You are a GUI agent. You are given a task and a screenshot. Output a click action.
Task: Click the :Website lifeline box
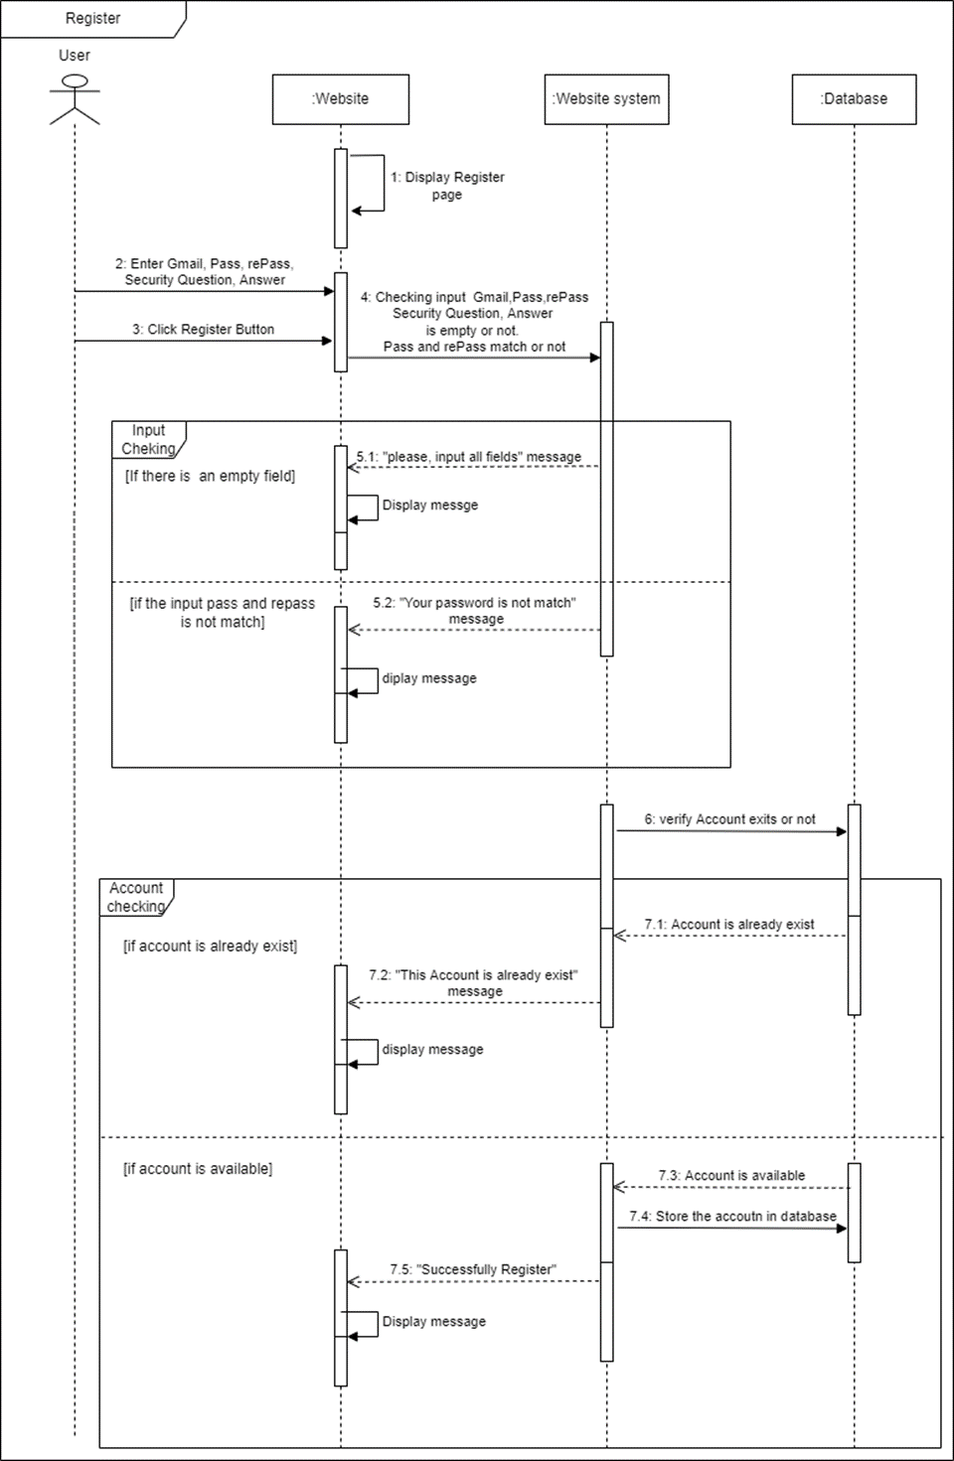340,99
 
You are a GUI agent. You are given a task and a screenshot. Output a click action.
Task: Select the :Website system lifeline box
606,99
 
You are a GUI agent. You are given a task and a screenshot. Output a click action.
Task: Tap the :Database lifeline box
854,99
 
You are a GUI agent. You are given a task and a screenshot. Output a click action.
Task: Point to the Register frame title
92,19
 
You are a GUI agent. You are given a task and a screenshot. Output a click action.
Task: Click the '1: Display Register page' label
447,186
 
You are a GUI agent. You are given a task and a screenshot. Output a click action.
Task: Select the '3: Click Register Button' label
204,330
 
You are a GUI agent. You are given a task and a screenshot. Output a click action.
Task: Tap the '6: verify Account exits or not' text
729,819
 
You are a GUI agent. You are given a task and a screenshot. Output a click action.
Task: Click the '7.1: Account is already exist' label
728,925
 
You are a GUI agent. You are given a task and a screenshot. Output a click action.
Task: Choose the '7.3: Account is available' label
731,1176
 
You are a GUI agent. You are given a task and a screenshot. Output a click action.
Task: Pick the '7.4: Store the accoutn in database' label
732,1217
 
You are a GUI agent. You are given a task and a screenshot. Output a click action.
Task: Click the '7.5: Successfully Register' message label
473,1270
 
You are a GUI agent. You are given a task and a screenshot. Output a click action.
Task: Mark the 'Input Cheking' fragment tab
148,439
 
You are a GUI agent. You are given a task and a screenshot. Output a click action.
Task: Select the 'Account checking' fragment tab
136,897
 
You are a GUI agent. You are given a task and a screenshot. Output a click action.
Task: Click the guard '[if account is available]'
198,1169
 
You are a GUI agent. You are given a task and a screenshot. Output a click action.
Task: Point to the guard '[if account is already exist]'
210,947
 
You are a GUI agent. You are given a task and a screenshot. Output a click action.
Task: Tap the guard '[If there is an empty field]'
210,477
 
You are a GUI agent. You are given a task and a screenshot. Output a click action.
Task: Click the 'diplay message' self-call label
429,678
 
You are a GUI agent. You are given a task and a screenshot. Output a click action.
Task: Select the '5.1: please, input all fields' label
469,457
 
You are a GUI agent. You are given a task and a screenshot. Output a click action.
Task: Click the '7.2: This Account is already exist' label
474,983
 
